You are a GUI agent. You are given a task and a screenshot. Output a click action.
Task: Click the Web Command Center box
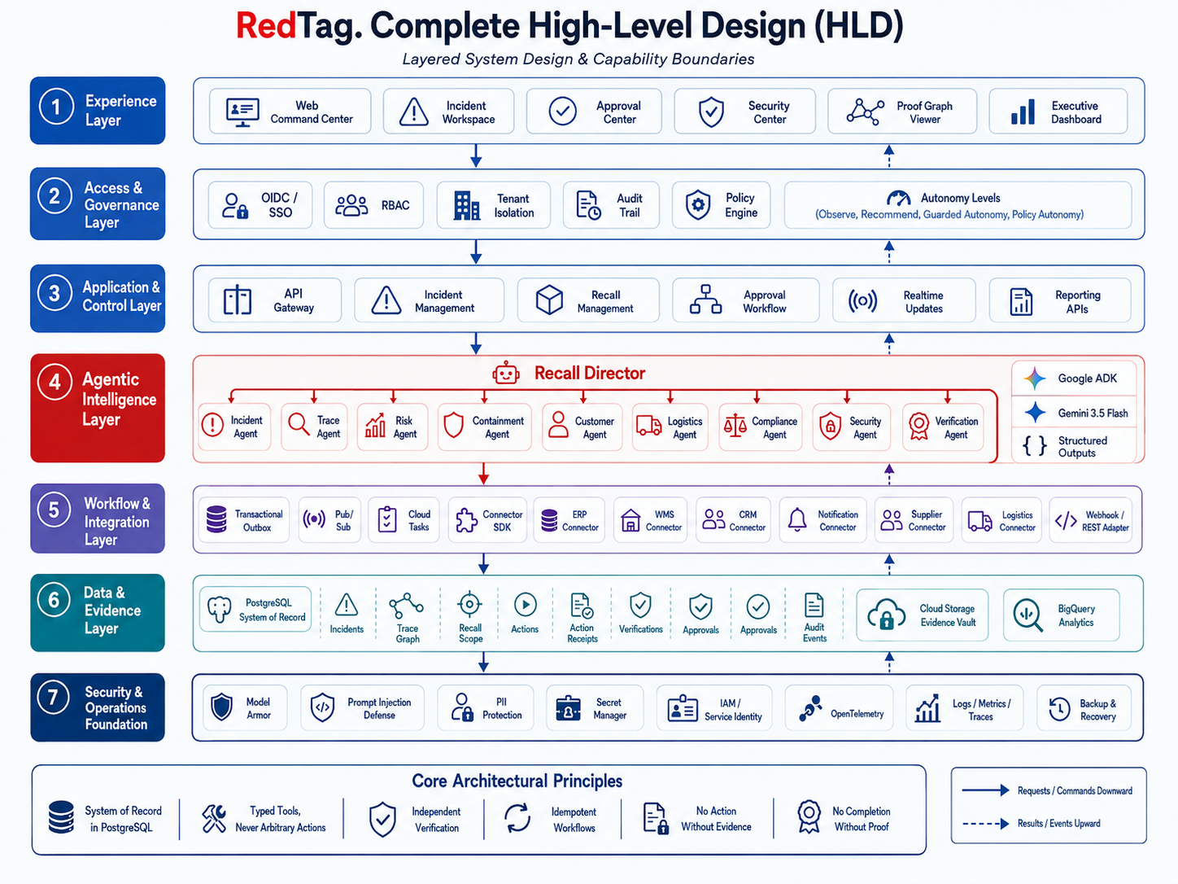click(290, 111)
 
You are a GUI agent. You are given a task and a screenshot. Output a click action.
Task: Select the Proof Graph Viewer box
click(901, 111)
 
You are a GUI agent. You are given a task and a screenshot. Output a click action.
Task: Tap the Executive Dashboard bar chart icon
click(1023, 112)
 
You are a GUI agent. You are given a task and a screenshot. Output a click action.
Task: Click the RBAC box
click(373, 205)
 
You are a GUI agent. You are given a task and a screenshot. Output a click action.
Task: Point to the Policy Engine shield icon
click(698, 204)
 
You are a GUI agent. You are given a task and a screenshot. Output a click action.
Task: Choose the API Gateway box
click(275, 300)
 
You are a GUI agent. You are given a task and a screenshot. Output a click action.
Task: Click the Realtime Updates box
click(904, 300)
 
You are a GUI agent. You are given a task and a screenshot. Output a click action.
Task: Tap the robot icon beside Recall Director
click(505, 374)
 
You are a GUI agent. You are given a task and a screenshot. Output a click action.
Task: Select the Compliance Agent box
click(761, 427)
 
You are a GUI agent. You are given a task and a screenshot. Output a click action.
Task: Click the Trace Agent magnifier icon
click(299, 423)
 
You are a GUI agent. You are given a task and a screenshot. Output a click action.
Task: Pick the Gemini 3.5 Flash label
click(1093, 414)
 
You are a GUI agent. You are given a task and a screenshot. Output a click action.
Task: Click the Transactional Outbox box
click(244, 520)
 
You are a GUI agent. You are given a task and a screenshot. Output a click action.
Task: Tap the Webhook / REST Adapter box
click(1091, 520)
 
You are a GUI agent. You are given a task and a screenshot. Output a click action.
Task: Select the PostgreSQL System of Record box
click(255, 609)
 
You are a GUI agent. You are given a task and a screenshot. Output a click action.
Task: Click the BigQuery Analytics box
click(1061, 615)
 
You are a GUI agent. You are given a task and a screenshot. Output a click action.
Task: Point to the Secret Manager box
click(595, 708)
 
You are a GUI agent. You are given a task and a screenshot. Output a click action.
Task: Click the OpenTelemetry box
click(839, 708)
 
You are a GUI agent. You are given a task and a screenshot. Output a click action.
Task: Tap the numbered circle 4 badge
click(55, 382)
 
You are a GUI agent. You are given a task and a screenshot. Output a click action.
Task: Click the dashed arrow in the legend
click(986, 824)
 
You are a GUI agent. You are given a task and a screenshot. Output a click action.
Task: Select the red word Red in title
click(266, 26)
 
